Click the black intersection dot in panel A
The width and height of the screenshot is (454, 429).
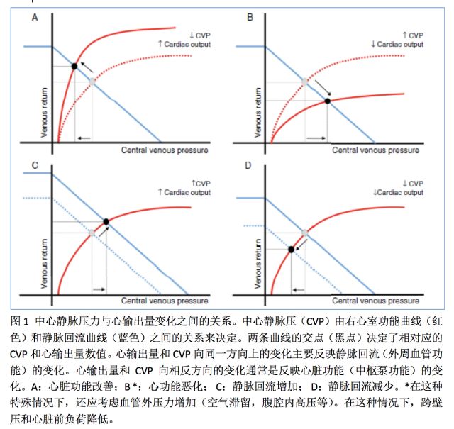(74, 67)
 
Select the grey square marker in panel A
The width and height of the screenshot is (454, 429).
(91, 82)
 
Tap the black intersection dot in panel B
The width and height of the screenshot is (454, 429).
(327, 101)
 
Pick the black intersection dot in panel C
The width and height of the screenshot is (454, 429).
(106, 222)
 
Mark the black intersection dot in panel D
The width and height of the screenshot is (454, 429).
(291, 249)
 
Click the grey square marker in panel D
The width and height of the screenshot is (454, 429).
(305, 233)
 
